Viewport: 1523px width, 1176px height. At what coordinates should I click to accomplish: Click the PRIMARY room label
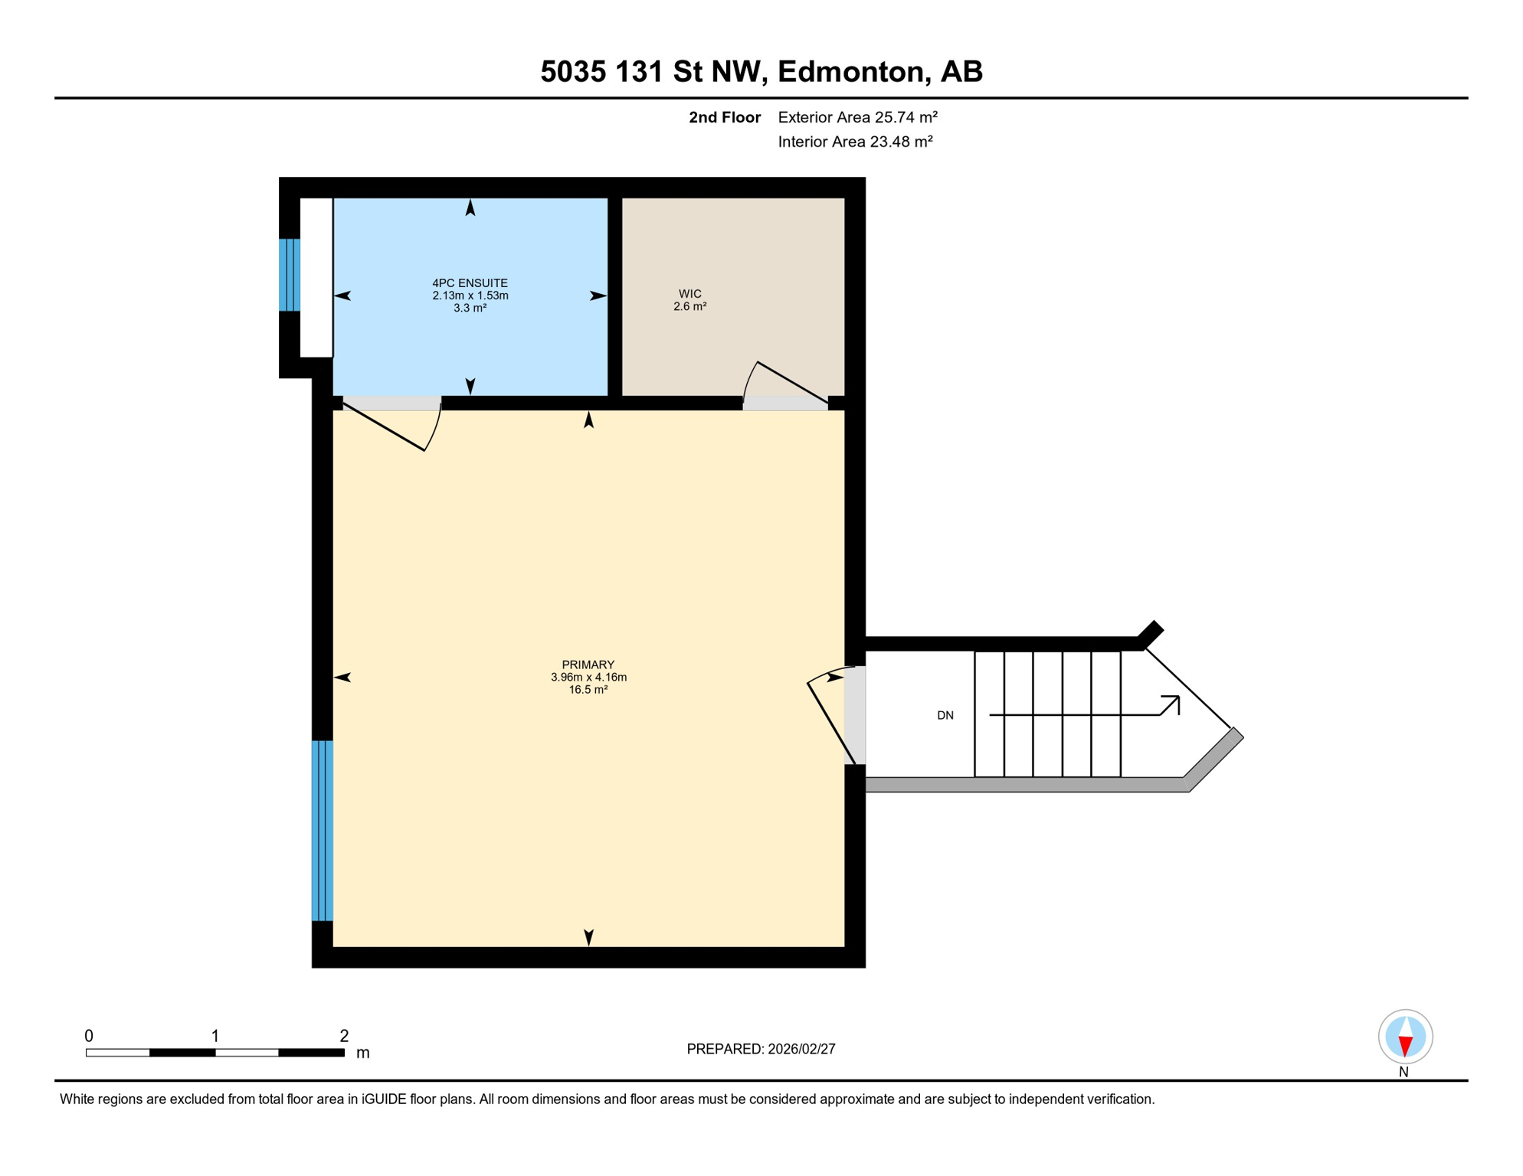(588, 665)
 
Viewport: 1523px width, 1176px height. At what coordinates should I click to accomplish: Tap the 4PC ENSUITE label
(470, 283)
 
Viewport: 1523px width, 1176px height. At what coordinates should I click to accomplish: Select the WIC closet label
(689, 294)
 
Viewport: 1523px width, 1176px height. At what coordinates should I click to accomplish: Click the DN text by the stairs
(945, 715)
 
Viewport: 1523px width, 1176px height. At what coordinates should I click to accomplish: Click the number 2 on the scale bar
(344, 1036)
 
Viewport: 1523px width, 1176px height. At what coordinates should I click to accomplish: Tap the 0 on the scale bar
(89, 1036)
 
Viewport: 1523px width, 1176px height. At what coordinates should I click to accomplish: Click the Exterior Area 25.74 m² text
(856, 117)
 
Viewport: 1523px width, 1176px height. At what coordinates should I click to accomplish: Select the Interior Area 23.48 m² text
(854, 142)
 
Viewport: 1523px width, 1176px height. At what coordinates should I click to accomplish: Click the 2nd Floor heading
(724, 117)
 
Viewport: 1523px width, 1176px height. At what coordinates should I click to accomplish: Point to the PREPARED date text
(760, 1049)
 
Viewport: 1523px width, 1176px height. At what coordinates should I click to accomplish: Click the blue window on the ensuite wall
(289, 275)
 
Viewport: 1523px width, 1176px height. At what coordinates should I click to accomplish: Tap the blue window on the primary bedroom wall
(322, 830)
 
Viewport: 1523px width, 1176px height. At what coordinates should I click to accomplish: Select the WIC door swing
(781, 383)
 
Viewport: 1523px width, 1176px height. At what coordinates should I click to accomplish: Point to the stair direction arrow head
(1172, 702)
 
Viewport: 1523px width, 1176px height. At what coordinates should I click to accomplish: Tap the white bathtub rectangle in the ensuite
(316, 277)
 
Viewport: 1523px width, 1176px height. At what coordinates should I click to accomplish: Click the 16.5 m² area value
(588, 690)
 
